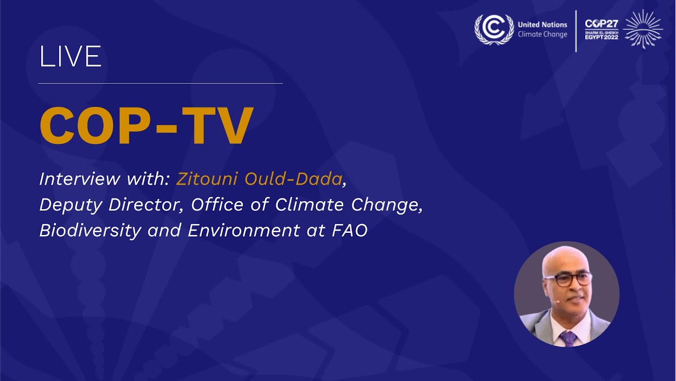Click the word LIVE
(x=70, y=57)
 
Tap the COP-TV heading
(x=146, y=127)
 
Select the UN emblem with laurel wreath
(x=494, y=29)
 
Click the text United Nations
(x=542, y=24)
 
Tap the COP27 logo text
(x=602, y=24)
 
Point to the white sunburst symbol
(x=643, y=29)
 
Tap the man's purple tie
(x=568, y=338)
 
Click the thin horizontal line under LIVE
(x=161, y=84)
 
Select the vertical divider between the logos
(x=576, y=31)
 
